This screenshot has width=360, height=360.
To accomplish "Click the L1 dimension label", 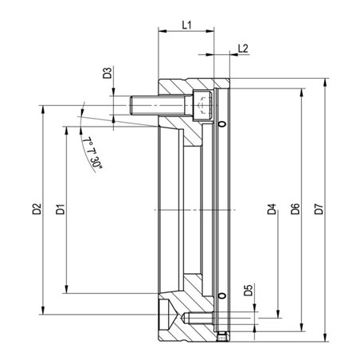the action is tap(186, 25).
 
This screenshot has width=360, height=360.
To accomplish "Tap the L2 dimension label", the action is tap(243, 49).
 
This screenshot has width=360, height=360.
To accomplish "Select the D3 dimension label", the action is tap(108, 73).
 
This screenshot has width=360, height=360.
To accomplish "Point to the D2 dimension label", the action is tap(37, 209).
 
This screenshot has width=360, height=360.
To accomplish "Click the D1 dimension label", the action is tap(61, 209).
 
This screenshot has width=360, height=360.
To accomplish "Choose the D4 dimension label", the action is tap(272, 209).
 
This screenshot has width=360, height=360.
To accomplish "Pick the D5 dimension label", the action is tap(248, 290).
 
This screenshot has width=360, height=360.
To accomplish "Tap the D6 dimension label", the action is tap(295, 209).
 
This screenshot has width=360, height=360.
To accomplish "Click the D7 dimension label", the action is tap(319, 209).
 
